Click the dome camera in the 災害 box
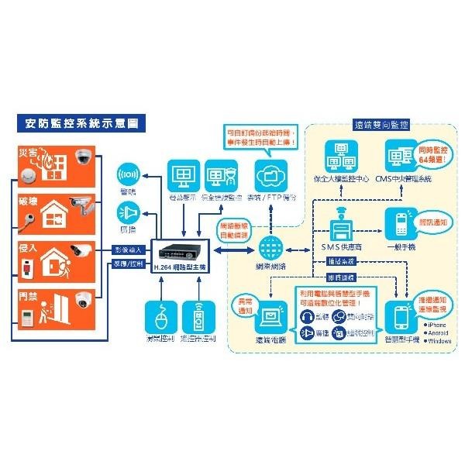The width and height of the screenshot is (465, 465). [x=83, y=158]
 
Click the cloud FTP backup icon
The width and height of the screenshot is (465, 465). [x=270, y=175]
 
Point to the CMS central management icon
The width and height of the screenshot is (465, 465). [x=401, y=157]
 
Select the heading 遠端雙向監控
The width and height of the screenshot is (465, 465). [x=381, y=123]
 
